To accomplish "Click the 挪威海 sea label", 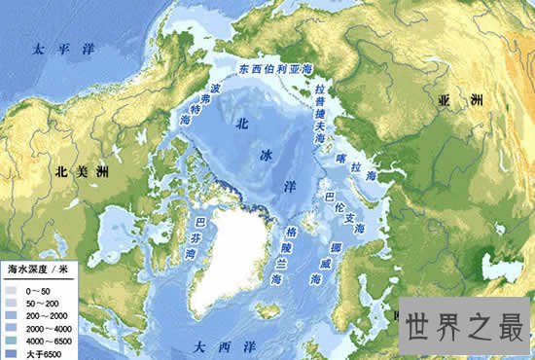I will (x=324, y=260).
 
